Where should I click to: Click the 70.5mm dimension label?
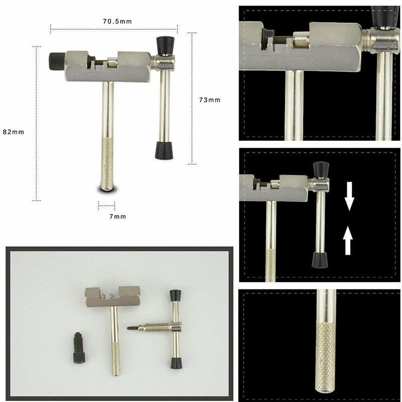click(x=118, y=21)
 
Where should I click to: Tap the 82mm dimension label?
click(x=14, y=132)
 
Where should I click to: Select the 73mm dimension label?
click(x=210, y=99)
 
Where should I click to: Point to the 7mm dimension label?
click(x=118, y=217)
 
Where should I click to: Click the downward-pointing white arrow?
click(x=349, y=196)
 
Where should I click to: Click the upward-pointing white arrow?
click(x=348, y=241)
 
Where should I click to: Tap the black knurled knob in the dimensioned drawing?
click(x=57, y=61)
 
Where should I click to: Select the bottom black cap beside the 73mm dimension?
click(x=164, y=150)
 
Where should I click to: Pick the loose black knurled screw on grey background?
click(x=79, y=348)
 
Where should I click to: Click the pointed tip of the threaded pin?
click(x=128, y=328)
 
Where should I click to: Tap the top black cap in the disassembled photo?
click(x=175, y=295)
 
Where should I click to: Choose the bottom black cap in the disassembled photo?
click(x=177, y=363)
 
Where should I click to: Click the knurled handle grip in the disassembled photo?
click(x=116, y=359)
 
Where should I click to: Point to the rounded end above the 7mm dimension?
click(x=107, y=188)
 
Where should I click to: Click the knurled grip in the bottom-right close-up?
click(x=326, y=358)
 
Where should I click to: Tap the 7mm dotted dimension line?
click(x=107, y=206)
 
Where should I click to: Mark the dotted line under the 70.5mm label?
click(x=114, y=29)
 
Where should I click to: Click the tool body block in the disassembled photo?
click(x=113, y=297)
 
